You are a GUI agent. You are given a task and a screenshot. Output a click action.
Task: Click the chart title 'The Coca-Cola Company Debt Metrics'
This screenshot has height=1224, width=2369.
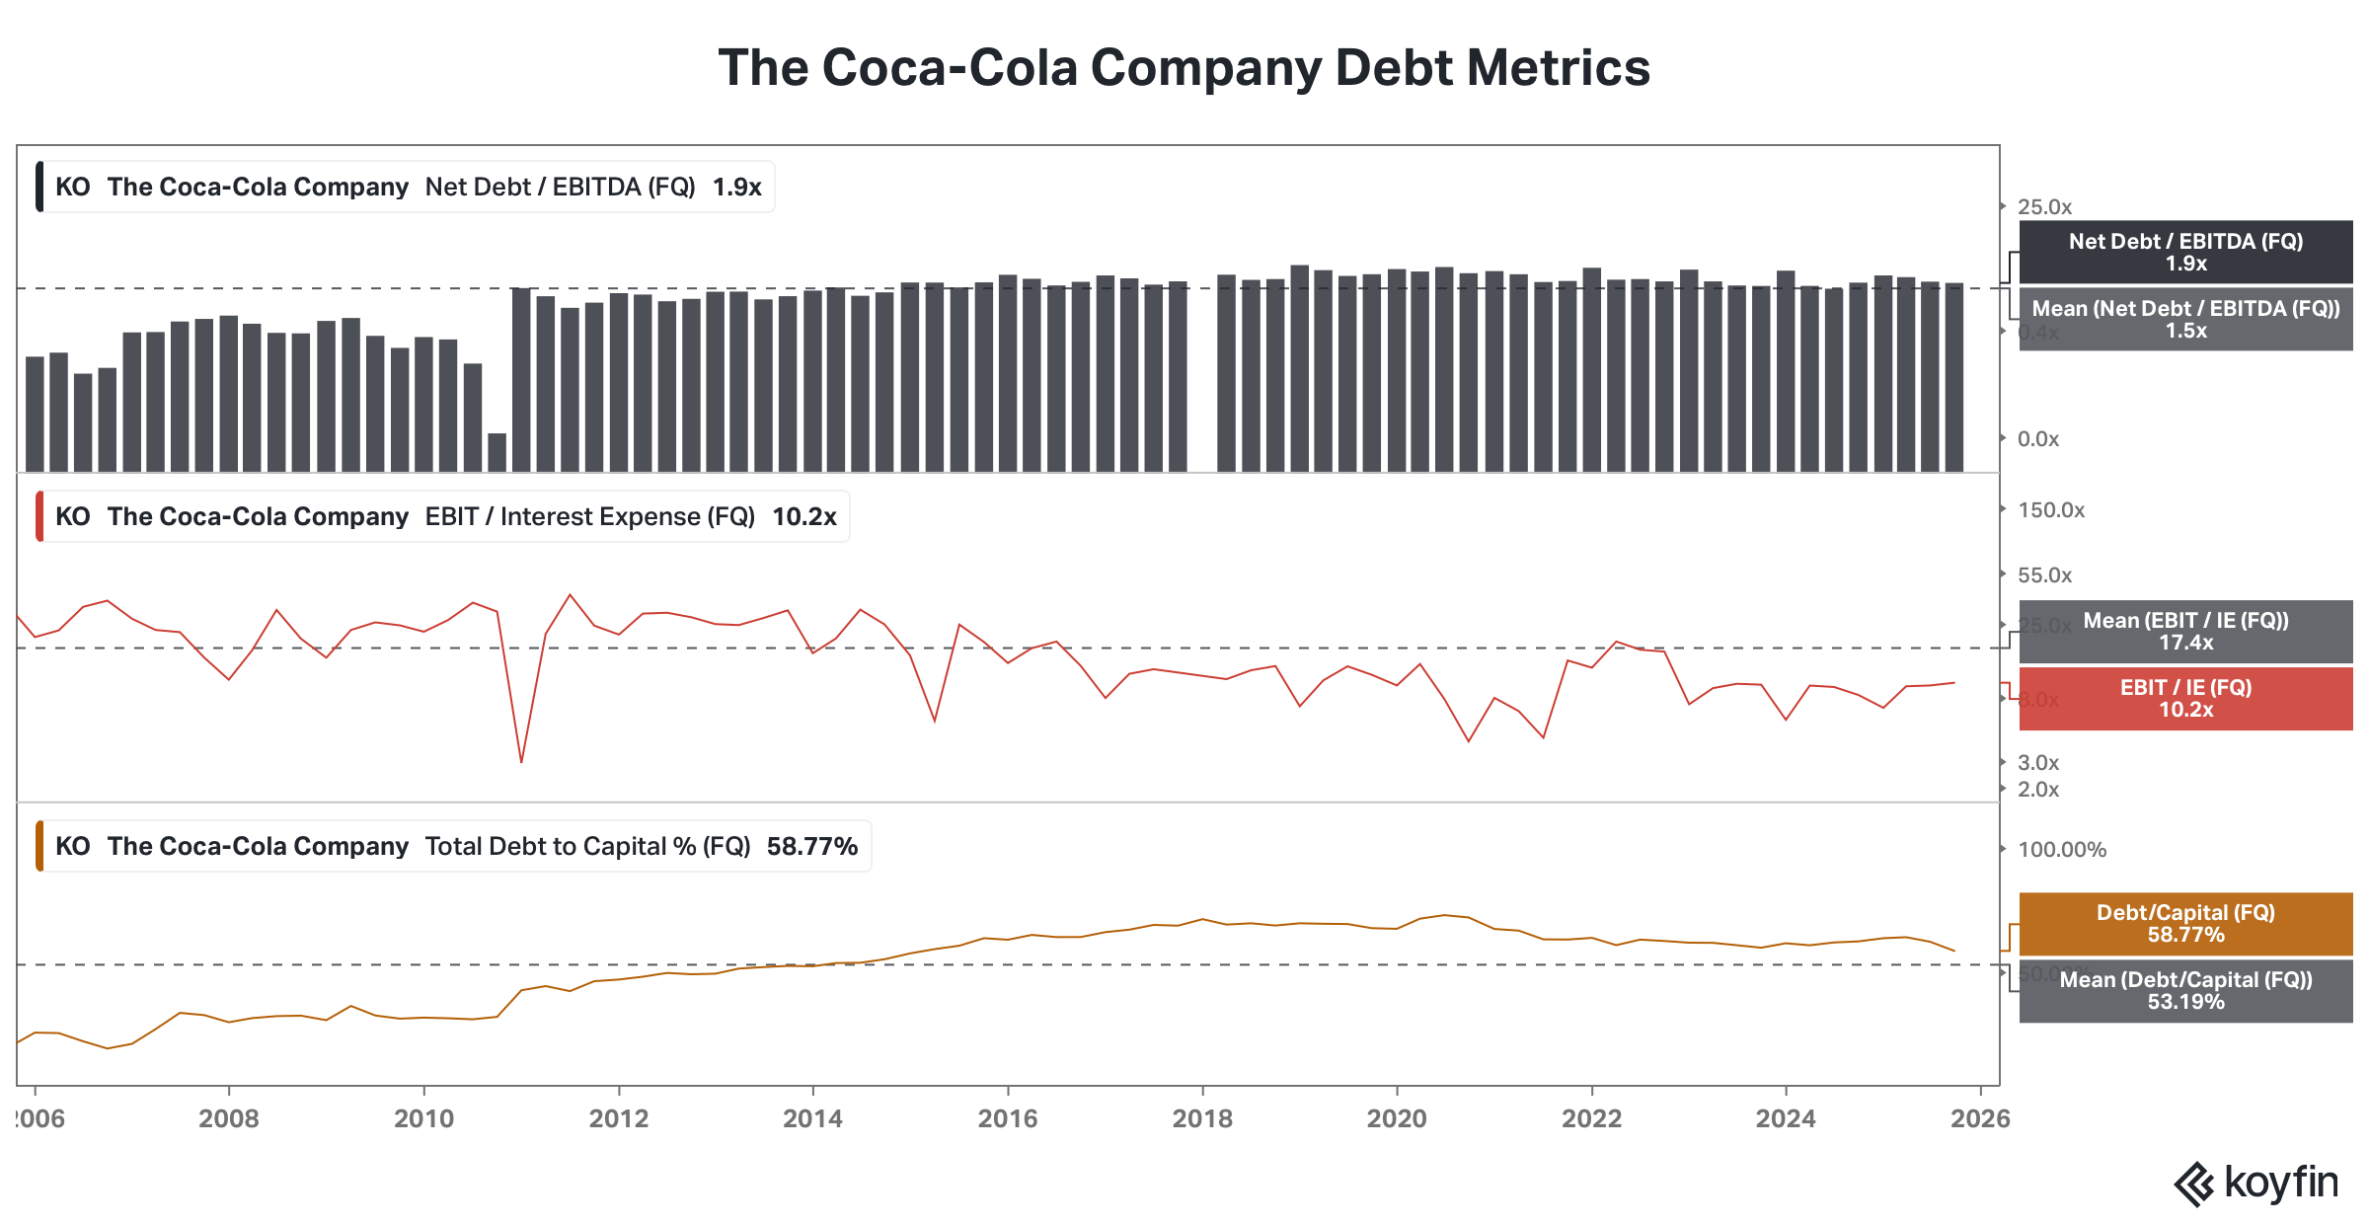click(1184, 68)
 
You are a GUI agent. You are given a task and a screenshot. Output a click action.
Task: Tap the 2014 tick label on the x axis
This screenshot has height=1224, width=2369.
click(812, 1118)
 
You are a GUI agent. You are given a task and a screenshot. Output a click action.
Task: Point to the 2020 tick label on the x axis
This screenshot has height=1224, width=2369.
click(1397, 1118)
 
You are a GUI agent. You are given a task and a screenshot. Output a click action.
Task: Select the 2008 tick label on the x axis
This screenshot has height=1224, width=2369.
click(229, 1118)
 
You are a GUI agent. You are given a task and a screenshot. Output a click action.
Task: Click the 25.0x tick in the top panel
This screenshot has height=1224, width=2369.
click(2044, 207)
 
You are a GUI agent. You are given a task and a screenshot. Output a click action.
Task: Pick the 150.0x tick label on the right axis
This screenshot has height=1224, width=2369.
click(2051, 510)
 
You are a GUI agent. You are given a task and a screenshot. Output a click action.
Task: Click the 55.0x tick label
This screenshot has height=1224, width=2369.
click(2044, 575)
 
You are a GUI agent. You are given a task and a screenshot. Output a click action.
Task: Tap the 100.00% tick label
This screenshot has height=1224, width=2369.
click(2062, 850)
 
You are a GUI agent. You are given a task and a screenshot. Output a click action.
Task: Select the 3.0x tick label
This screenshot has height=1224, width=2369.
click(2038, 763)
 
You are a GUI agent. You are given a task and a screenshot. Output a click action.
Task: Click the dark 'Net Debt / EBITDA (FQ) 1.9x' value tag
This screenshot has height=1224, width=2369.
click(2185, 253)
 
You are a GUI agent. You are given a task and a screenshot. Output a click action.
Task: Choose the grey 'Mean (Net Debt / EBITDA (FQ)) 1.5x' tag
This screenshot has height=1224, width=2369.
click(2185, 319)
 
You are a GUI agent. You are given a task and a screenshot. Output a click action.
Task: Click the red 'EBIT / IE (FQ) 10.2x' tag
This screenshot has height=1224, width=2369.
click(2185, 699)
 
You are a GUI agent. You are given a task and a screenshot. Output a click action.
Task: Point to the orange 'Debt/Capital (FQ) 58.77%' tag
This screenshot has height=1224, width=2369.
click(2185, 924)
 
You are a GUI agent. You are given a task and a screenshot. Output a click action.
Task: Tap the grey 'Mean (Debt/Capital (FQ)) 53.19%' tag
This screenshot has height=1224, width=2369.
click(2185, 991)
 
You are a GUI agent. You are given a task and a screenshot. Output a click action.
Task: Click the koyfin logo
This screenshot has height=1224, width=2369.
click(2256, 1184)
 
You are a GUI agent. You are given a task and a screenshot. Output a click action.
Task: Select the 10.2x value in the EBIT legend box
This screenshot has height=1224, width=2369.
click(803, 517)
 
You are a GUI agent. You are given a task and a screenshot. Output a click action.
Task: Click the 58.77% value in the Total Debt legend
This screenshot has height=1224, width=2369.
click(811, 847)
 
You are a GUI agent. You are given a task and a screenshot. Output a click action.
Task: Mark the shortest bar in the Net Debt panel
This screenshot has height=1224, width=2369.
click(497, 452)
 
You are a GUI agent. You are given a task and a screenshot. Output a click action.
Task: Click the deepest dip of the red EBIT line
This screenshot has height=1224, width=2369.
click(521, 761)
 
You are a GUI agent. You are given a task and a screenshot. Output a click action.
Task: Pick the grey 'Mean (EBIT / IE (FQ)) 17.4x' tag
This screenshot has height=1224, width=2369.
click(2185, 632)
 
